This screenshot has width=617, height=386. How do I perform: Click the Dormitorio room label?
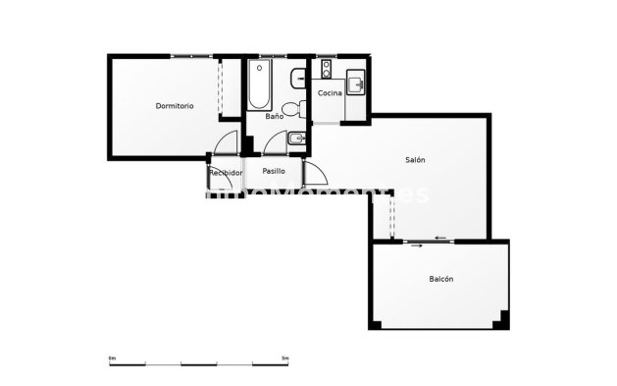pos(175,105)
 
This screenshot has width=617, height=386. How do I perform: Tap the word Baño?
pos(275,117)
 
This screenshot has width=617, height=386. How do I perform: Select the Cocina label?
pos(330,93)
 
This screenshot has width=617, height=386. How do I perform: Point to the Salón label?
pos(416,160)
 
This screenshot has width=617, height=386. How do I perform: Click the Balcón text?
pos(440,280)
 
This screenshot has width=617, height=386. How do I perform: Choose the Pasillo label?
pos(274,171)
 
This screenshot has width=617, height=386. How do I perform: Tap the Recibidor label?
pos(226,173)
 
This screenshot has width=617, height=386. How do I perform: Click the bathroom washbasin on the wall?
pos(298,79)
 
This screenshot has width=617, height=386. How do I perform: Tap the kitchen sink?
pos(357,82)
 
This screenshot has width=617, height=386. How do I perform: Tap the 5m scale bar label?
pos(284,358)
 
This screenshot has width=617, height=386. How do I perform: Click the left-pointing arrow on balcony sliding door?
pos(441,237)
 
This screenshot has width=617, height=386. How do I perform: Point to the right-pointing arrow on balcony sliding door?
pos(418,246)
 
